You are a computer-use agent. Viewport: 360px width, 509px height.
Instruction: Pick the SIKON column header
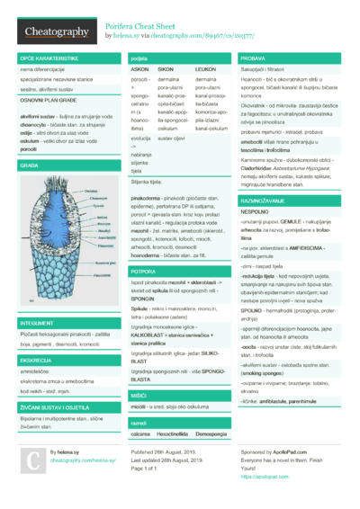tap(166, 68)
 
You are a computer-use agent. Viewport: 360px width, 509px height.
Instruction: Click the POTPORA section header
tap(144, 270)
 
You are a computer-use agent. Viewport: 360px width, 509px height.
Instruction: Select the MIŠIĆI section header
tap(139, 394)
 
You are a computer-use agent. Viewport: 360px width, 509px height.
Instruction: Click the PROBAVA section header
tap(253, 58)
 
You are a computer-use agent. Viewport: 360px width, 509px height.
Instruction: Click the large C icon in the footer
tap(31, 460)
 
